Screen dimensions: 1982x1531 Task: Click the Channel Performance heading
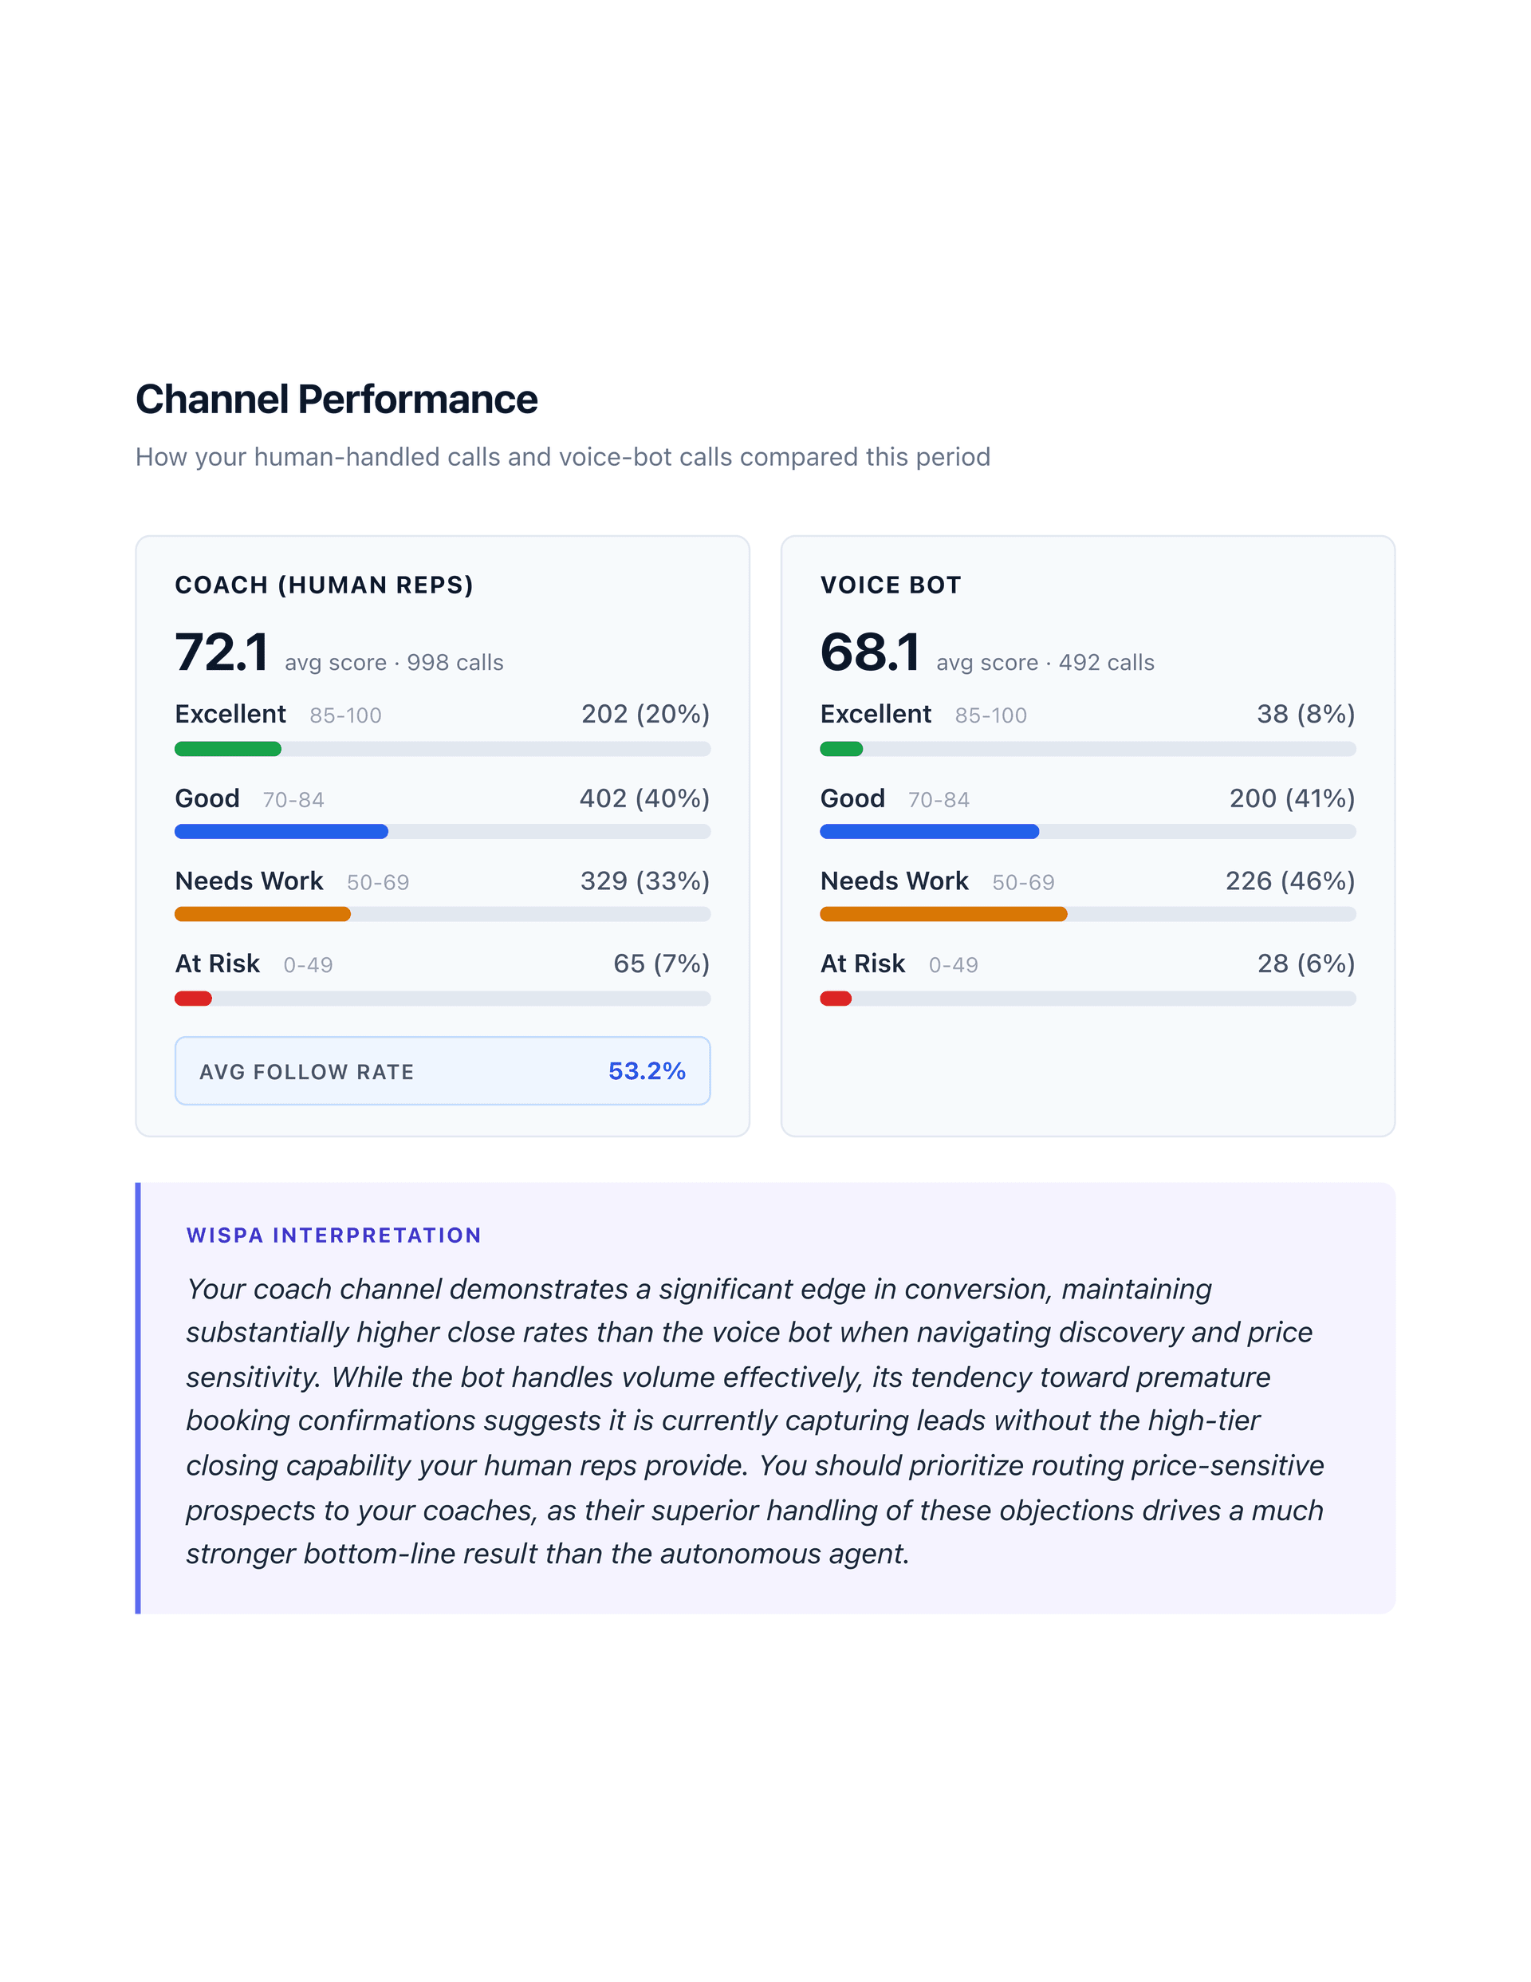point(336,400)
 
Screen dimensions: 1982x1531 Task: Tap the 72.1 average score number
point(222,652)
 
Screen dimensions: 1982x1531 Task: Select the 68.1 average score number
point(869,652)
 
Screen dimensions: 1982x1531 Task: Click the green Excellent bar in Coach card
point(228,749)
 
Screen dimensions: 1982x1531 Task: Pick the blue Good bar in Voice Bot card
point(928,831)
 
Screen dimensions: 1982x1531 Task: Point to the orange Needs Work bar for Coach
point(262,914)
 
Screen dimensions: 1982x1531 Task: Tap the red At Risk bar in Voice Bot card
point(835,999)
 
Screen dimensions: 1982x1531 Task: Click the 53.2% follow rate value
point(646,1071)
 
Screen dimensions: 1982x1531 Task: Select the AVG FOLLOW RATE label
point(307,1072)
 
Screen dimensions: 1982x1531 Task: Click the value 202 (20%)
point(645,714)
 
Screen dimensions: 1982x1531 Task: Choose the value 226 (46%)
point(1289,881)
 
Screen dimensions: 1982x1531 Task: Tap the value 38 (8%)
point(1305,714)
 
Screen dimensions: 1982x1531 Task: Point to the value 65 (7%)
point(661,963)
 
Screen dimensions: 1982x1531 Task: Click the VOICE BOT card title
point(890,585)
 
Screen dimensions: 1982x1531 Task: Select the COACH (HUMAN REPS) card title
point(324,585)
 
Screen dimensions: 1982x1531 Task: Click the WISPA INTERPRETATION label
point(333,1235)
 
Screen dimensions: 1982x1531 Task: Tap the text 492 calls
point(1106,663)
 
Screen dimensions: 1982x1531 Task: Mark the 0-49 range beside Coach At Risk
point(308,965)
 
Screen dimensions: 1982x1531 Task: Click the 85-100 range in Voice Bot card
point(990,716)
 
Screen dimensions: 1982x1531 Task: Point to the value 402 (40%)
point(644,798)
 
